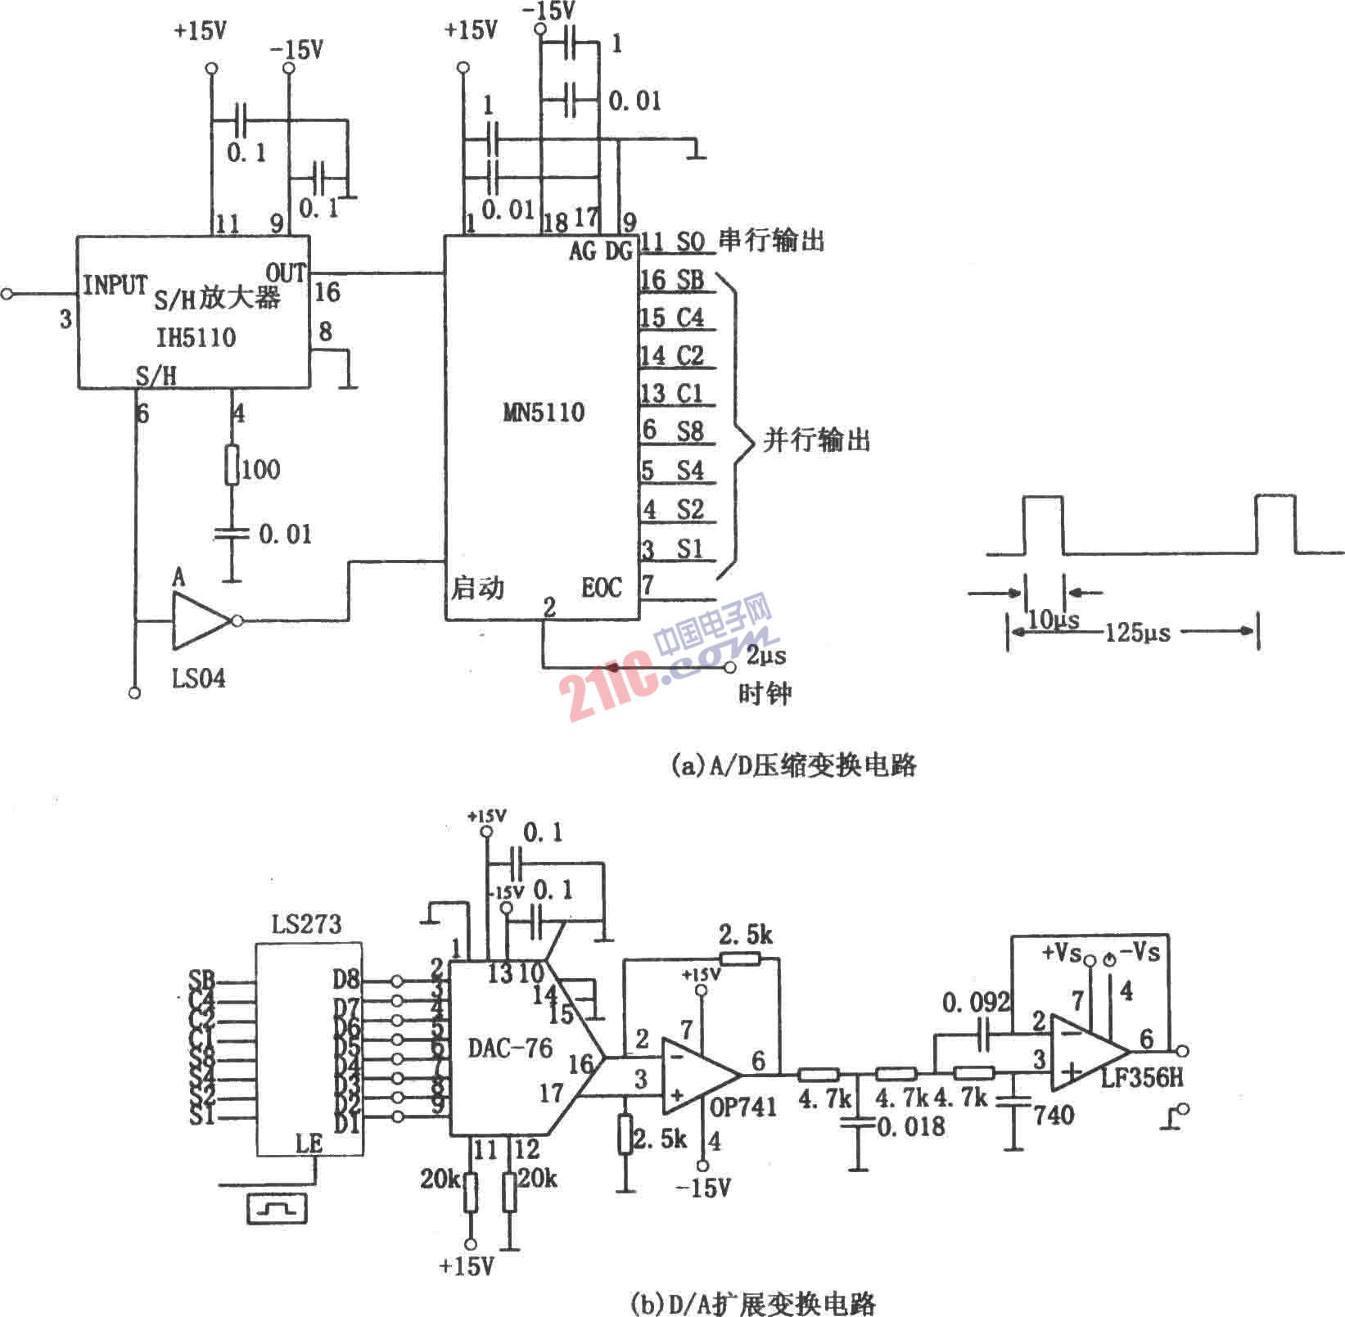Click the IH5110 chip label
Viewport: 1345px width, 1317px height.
click(x=196, y=338)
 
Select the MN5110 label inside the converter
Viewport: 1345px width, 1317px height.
click(x=544, y=412)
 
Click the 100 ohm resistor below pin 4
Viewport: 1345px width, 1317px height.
click(x=232, y=467)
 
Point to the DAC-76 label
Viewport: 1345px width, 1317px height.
click(x=510, y=1048)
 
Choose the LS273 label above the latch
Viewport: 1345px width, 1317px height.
click(x=306, y=925)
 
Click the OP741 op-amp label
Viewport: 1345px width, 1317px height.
click(x=742, y=1107)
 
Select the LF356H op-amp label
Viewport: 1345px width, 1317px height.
click(x=1142, y=1077)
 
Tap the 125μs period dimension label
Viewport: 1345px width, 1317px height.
click(x=1137, y=632)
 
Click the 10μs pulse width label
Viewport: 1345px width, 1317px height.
click(x=1053, y=620)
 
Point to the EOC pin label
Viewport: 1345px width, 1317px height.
click(x=602, y=587)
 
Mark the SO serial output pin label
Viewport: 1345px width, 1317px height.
click(x=690, y=241)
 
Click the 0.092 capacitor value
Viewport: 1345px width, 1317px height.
click(x=976, y=1003)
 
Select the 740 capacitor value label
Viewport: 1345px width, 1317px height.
click(x=1054, y=1115)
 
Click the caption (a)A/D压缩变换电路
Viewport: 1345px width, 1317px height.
click(x=792, y=764)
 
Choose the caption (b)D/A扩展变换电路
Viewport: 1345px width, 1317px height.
click(x=753, y=1302)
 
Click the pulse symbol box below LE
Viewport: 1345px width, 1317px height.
click(x=277, y=1208)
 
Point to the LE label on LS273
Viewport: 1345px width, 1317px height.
click(x=309, y=1143)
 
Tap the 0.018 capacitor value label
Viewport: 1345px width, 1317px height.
click(x=911, y=1127)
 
